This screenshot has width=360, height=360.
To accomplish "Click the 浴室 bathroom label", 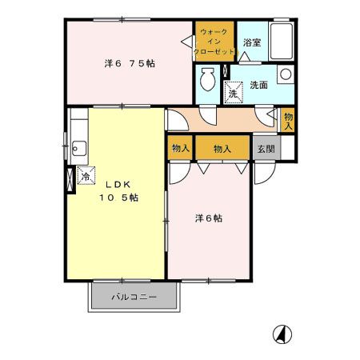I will (251, 42).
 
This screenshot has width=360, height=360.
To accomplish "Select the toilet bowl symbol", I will (207, 80).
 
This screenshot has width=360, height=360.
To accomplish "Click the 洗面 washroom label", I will (258, 84).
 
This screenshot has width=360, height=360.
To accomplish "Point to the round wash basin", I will (285, 74).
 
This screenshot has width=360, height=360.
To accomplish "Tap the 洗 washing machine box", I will (234, 92).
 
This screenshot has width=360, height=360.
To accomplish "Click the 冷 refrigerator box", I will (84, 177).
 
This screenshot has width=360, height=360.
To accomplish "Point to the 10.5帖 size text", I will (118, 198).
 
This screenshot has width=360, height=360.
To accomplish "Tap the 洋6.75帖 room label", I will (130, 62).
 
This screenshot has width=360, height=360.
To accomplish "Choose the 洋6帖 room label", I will (210, 218).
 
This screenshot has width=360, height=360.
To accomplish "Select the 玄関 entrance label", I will (266, 148).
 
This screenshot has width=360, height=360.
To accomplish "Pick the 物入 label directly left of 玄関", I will (222, 148).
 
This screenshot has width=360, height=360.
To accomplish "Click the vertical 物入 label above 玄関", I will (288, 120).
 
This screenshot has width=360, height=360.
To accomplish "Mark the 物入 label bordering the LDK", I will (180, 148).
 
